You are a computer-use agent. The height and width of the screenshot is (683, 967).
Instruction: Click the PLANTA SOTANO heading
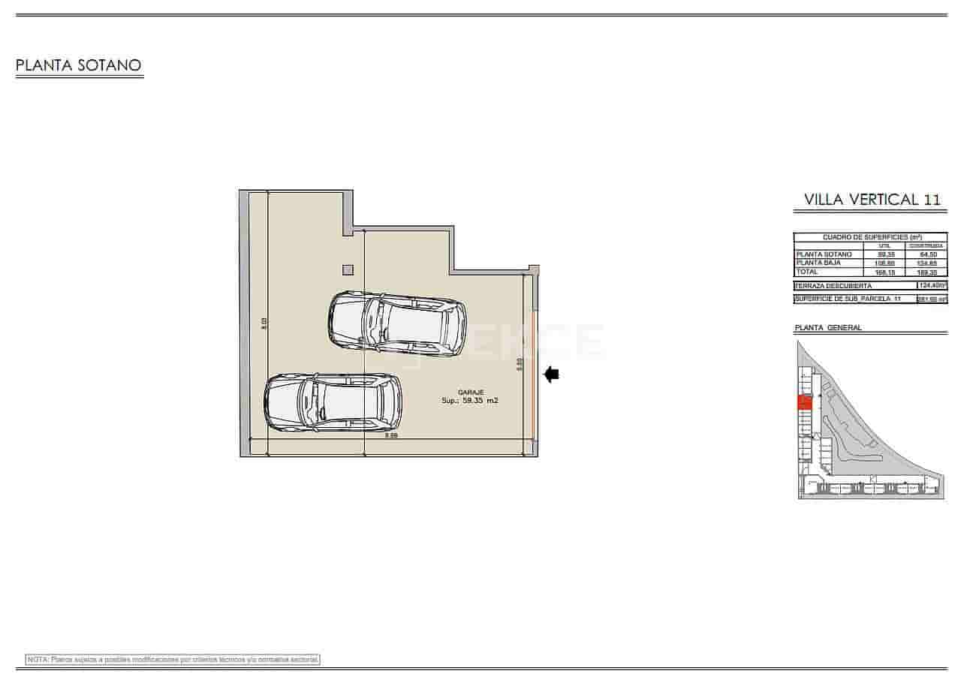point(79,65)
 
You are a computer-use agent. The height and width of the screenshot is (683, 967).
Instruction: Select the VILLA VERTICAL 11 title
point(872,200)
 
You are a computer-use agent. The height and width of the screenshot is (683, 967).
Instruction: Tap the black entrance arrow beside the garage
point(552,374)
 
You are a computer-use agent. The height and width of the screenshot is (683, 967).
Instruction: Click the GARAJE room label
point(472,393)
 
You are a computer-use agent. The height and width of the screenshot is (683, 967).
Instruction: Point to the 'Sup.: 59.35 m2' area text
point(470,402)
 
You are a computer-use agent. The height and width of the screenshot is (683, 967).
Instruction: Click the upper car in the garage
point(397,323)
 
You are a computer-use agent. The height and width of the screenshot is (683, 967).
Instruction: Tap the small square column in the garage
point(348,270)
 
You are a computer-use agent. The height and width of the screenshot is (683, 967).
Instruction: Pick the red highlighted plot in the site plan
point(804,402)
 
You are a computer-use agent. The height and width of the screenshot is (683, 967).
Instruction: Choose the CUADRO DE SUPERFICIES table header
point(870,236)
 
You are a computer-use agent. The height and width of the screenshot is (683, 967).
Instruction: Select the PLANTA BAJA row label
point(818,263)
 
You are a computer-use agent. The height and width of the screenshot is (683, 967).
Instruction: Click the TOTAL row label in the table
point(807,272)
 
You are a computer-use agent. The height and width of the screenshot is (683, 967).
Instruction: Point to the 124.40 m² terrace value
point(932,285)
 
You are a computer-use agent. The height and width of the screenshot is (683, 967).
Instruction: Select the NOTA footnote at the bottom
point(173,659)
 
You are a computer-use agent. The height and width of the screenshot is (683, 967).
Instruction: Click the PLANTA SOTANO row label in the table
point(824,254)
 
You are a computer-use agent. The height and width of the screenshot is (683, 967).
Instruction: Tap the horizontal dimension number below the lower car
point(390,435)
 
